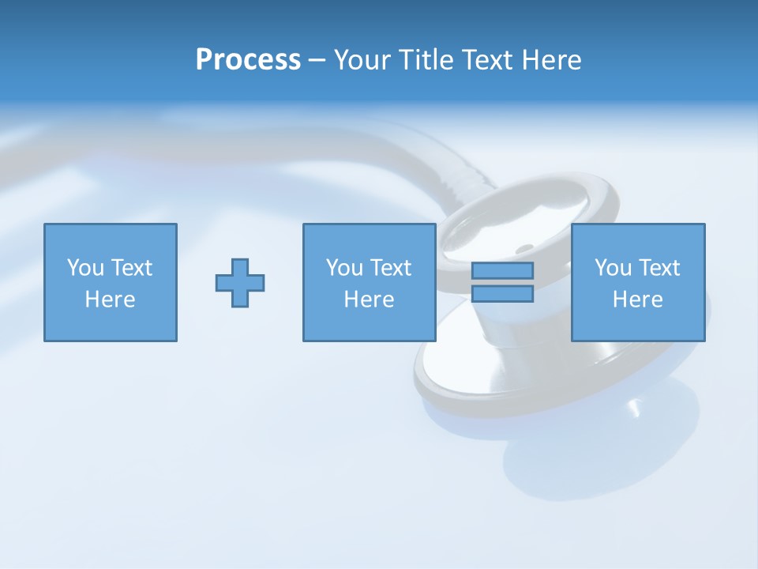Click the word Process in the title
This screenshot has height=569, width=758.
248,60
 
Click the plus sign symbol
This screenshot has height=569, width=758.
240,282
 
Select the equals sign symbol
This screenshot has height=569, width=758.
502,282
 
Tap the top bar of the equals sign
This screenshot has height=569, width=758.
502,270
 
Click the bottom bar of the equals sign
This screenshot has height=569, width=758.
502,294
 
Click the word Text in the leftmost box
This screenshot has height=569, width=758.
132,268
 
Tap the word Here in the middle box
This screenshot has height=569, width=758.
370,300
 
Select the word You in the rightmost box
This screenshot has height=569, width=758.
613,268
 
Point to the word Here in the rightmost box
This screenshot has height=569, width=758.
638,300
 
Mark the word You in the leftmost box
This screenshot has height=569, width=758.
85,268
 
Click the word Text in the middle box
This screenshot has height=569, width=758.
391,268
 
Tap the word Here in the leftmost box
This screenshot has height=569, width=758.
111,300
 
